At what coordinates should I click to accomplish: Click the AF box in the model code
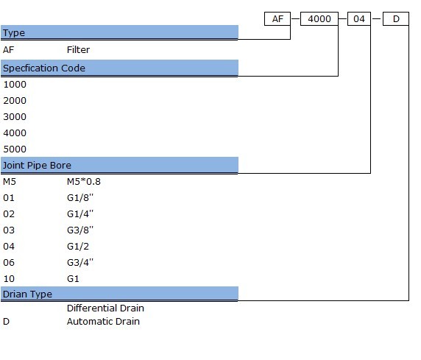(277, 19)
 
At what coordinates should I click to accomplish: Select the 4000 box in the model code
(319, 19)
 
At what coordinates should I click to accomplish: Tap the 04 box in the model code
(359, 19)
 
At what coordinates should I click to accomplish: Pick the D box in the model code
(396, 19)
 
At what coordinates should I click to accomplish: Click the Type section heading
(14, 33)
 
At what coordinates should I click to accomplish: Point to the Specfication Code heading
(44, 68)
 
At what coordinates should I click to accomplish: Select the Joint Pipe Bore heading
(37, 165)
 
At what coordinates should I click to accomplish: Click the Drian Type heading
(27, 294)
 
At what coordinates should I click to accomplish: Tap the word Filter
(78, 50)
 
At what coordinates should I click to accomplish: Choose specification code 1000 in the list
(15, 85)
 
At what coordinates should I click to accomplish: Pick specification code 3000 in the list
(15, 117)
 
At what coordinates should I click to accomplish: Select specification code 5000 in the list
(15, 149)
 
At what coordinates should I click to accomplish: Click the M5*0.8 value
(84, 182)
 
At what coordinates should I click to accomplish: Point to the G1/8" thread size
(80, 198)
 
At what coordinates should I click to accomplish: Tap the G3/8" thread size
(80, 230)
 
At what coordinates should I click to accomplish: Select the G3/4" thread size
(80, 263)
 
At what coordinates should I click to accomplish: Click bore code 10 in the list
(9, 279)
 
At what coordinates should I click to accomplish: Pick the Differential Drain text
(105, 308)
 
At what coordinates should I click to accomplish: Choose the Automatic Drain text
(103, 322)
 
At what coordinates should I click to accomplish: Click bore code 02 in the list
(9, 214)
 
